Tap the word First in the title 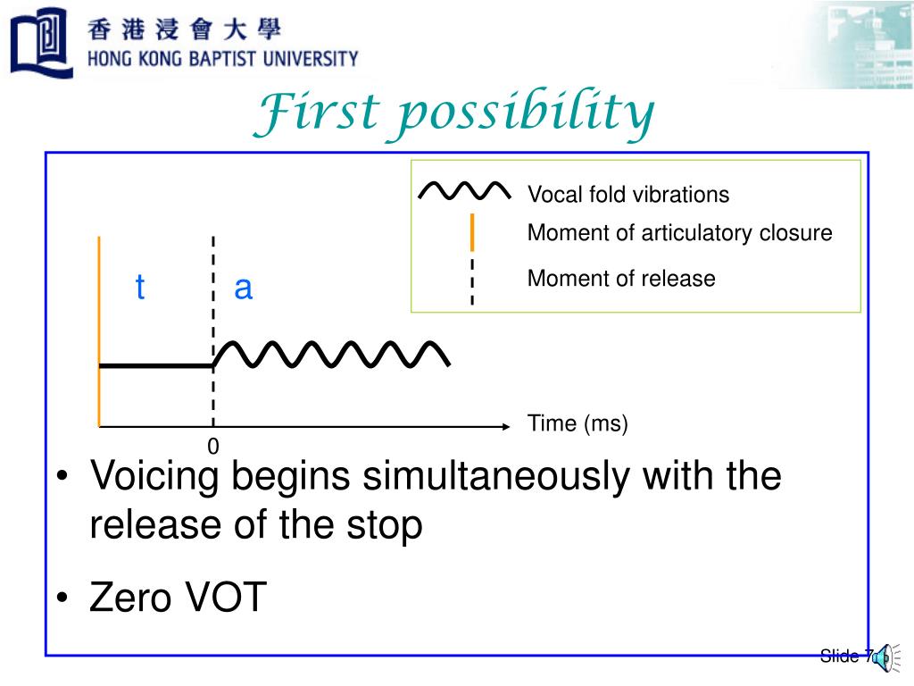309,115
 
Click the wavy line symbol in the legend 464,191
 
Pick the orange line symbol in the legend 472,232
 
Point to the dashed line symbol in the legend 472,282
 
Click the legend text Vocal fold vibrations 627,195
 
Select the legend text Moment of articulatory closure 679,234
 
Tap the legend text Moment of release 621,279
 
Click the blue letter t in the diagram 140,289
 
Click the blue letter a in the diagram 243,289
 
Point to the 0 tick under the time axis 213,446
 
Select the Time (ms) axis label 577,423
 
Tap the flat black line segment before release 156,365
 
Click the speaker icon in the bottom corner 881,656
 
